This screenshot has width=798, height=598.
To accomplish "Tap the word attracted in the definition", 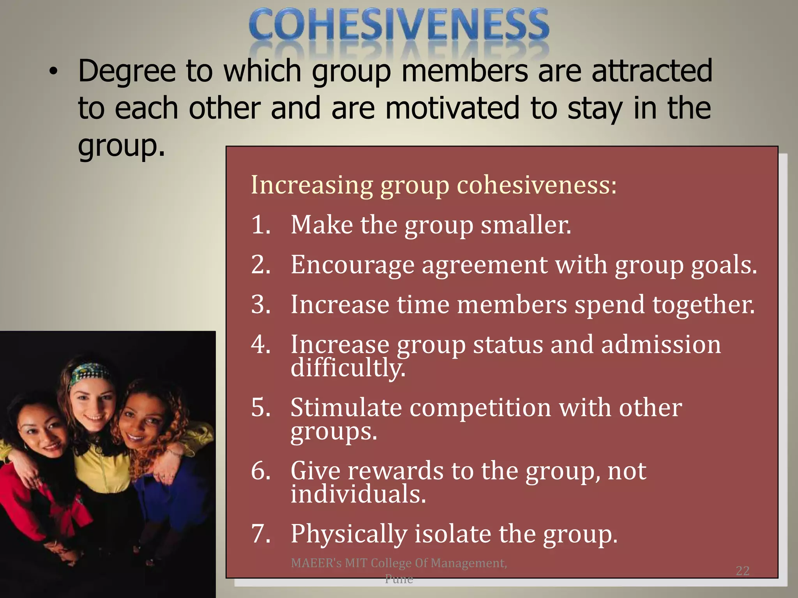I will point(652,71).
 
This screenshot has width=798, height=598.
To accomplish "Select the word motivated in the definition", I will point(452,108).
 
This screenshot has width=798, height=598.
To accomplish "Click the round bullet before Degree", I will point(53,72).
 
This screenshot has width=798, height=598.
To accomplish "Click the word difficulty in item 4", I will point(348,368).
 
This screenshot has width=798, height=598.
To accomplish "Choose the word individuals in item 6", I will point(358,494).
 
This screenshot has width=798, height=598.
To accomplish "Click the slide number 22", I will point(742,571).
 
